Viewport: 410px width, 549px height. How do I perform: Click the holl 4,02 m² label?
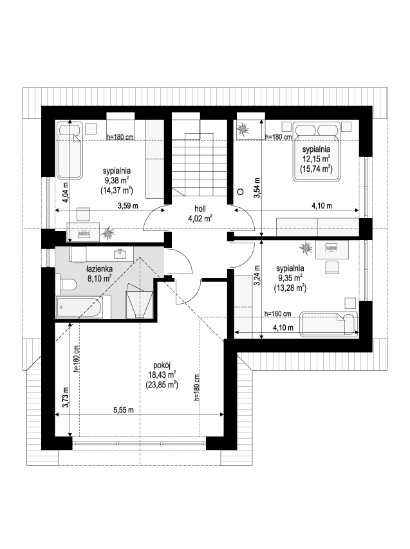coord(200,214)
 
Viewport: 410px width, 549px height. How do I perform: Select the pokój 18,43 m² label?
coord(162,375)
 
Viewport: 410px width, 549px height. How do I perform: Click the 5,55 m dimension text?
coord(124,410)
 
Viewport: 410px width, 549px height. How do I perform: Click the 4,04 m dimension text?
coord(66,193)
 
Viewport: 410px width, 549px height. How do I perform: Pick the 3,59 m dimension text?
coord(128,206)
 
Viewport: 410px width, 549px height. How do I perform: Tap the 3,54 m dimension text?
coord(257,189)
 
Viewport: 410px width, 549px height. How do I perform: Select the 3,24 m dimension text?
coord(257,277)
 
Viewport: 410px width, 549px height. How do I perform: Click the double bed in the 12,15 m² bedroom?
coord(317,151)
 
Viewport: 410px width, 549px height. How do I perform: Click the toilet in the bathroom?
coord(68,284)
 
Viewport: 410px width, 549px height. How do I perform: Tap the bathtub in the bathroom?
coord(83,307)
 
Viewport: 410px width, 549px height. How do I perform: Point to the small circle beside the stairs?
coord(240,192)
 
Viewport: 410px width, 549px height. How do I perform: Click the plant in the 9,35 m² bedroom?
coord(306,248)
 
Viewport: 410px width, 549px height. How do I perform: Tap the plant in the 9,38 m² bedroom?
coord(108,234)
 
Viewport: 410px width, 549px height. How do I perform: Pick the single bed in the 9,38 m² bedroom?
coord(70,150)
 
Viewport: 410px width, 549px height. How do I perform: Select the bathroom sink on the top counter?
coord(121,254)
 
